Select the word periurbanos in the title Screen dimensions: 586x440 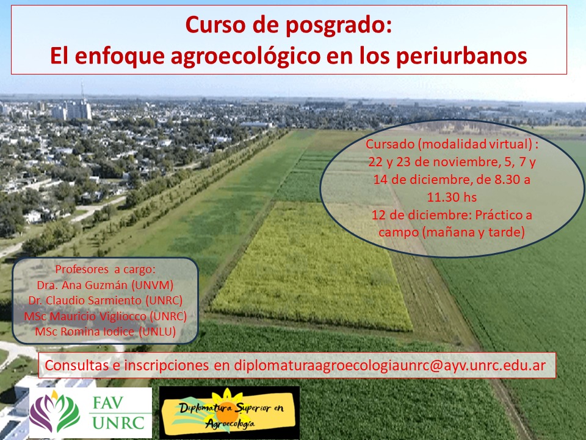461,56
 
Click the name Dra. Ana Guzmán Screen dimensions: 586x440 82,285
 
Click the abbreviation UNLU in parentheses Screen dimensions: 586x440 157,331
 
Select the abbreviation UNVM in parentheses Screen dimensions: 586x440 153,285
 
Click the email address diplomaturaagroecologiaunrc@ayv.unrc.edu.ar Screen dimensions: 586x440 390,365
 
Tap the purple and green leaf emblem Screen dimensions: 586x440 54,413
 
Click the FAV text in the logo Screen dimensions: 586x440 108,403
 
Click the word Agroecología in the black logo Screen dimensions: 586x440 230,423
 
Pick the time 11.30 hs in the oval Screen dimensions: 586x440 452,197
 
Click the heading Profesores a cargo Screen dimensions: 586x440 105,269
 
